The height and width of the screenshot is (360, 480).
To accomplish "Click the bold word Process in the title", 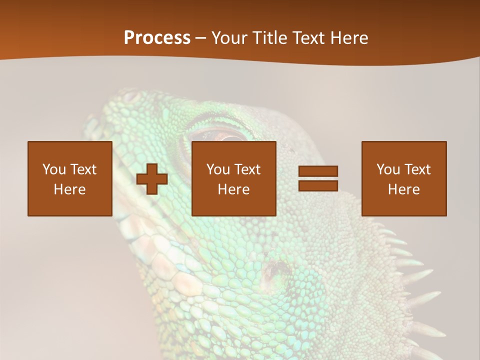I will (157, 38).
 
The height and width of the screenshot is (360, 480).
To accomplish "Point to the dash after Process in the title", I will (201, 39).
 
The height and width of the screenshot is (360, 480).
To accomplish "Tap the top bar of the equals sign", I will (318, 171).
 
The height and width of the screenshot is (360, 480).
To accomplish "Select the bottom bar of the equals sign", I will (318, 186).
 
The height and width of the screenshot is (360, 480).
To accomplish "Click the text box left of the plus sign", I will (69, 178).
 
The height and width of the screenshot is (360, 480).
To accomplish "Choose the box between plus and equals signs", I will (233, 178).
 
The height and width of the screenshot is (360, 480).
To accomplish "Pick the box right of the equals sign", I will (403, 178).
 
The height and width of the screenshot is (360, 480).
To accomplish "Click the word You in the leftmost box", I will (53, 169).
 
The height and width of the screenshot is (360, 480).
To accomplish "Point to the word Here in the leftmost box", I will (69, 189).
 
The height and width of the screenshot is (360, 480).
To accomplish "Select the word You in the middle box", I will (217, 169).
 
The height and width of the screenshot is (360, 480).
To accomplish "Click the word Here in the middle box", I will (233, 189).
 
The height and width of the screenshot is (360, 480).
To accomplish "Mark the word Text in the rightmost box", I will (416, 169).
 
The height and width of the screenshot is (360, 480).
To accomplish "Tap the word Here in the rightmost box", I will (403, 189).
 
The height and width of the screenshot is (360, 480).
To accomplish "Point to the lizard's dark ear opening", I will (274, 270).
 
